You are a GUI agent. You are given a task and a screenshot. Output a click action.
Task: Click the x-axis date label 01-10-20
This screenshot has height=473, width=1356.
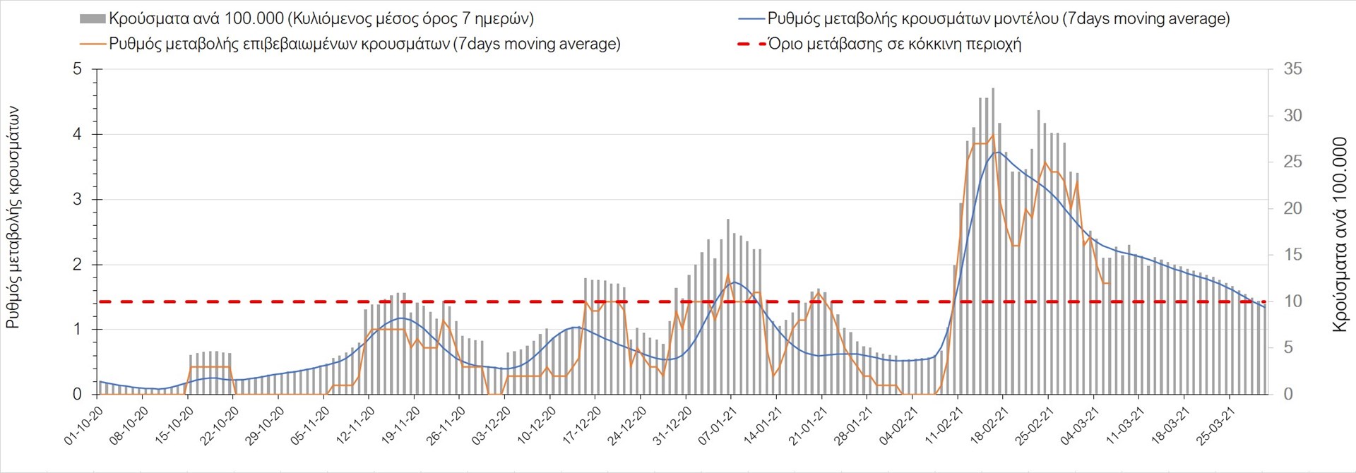click(x=84, y=426)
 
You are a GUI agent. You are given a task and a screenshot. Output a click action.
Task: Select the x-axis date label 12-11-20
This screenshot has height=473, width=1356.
click(x=356, y=426)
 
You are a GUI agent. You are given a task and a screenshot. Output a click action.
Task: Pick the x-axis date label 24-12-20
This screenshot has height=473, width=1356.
click(x=628, y=426)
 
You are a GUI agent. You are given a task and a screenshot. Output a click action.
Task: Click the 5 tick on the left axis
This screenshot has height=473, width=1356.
click(x=77, y=69)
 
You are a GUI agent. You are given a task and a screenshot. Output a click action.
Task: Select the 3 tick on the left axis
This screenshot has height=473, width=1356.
click(x=77, y=200)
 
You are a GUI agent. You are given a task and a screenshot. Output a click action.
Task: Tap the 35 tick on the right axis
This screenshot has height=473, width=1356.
click(x=1292, y=69)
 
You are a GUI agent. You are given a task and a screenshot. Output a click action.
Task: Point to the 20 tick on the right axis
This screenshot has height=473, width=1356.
click(x=1292, y=208)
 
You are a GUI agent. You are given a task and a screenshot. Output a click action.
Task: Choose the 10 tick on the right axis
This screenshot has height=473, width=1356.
click(x=1292, y=301)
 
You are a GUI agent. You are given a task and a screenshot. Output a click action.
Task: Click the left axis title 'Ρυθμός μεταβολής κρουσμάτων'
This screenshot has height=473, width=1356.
click(x=13, y=217)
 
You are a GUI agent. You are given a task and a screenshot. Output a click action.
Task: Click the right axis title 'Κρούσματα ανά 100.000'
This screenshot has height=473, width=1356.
click(x=1340, y=234)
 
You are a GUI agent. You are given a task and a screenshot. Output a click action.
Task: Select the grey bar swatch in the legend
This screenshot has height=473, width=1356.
click(x=93, y=19)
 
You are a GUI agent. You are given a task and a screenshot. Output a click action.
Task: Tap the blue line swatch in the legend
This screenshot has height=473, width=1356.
click(x=751, y=19)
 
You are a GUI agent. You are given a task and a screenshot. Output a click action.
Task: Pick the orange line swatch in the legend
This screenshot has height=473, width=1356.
click(x=93, y=44)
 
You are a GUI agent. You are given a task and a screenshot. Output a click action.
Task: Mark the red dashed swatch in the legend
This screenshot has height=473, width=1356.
click(x=751, y=44)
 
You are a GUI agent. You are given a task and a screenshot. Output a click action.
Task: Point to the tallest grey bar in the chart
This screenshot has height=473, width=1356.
click(x=993, y=240)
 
